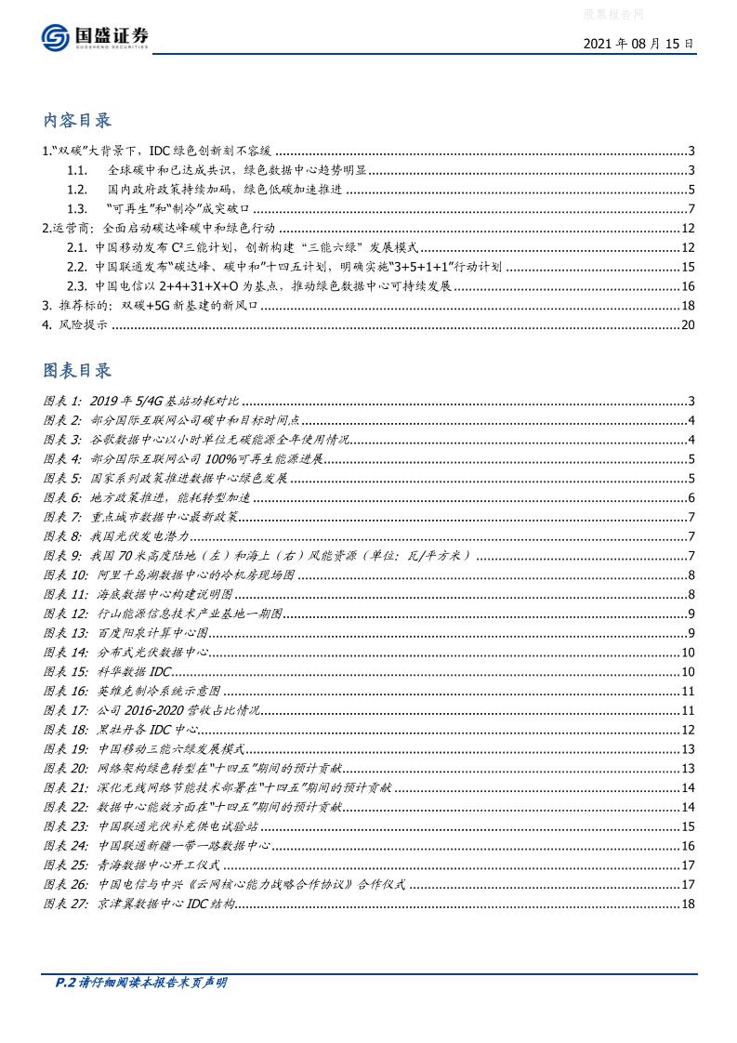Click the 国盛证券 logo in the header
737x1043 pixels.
coord(95,38)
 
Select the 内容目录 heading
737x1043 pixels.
coord(78,121)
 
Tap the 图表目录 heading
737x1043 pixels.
coord(78,370)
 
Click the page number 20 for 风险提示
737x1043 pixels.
coord(689,324)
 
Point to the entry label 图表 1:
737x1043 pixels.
coord(63,401)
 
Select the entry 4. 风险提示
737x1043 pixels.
coord(75,324)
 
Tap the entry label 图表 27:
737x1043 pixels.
coord(66,903)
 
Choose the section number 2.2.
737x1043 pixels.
coord(77,266)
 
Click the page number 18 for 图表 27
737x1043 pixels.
coord(689,903)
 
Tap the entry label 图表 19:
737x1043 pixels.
coord(66,748)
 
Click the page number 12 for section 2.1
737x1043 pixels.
coord(689,247)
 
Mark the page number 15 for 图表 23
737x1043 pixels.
coord(689,825)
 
